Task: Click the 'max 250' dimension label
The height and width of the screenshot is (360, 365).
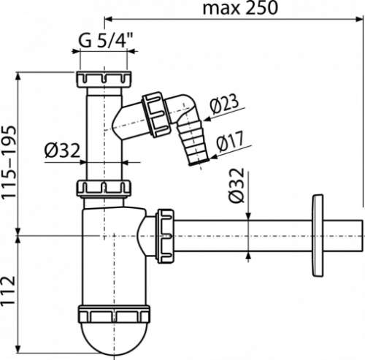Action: [239, 8]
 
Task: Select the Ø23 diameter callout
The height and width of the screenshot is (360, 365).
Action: [224, 104]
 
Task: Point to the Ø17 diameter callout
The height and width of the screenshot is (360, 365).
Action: [229, 141]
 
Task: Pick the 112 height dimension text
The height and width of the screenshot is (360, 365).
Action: [9, 291]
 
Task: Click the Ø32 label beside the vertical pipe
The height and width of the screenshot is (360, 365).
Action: [62, 150]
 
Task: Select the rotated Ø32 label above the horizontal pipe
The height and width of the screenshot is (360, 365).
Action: [236, 185]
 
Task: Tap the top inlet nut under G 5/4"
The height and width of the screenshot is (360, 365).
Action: [104, 80]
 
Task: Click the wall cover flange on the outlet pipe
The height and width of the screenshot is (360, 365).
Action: [318, 235]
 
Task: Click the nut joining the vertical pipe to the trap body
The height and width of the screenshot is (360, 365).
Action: [104, 189]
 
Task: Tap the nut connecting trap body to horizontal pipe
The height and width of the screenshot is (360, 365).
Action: [165, 236]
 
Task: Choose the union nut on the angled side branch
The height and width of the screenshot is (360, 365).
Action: [155, 114]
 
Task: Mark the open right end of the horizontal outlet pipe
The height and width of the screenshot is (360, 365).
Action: [362, 236]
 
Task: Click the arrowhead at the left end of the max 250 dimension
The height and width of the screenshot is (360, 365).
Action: [108, 19]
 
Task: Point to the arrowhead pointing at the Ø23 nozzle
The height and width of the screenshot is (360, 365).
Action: [207, 119]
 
